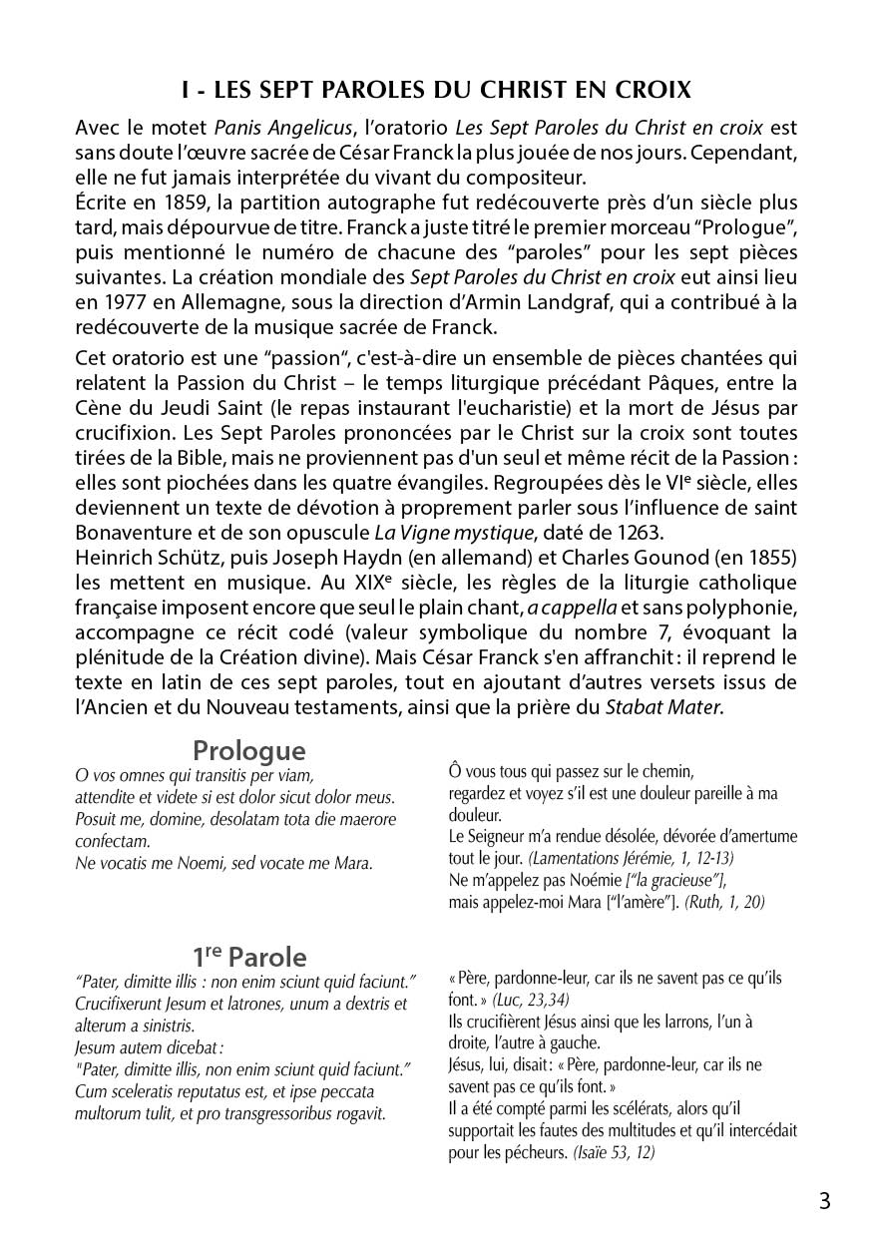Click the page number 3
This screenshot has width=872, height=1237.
(824, 1201)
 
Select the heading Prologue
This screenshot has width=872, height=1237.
(248, 750)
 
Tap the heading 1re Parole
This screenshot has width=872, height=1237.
(248, 957)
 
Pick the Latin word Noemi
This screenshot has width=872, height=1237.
(192, 863)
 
